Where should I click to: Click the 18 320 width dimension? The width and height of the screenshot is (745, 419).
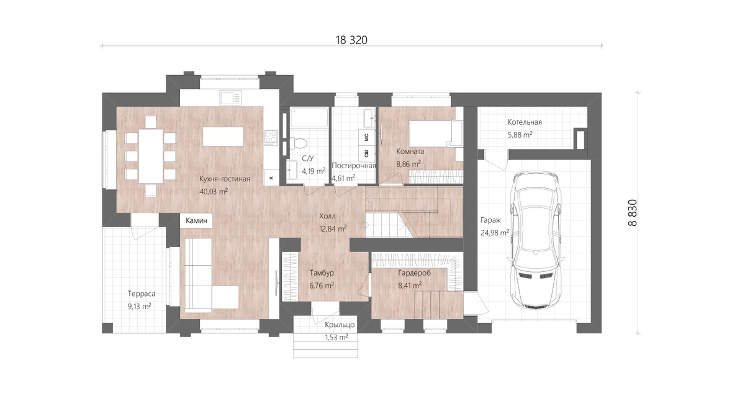[x=351, y=40]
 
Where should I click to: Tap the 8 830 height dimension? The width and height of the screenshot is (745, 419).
[x=633, y=213]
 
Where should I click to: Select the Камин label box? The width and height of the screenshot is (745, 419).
[x=196, y=220]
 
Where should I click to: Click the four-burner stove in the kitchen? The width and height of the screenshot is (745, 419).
[x=271, y=138]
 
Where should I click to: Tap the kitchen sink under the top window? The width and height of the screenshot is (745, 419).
[x=230, y=99]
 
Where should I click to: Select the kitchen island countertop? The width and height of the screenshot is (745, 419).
[x=223, y=137]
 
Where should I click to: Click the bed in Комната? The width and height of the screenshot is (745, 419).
[x=436, y=133]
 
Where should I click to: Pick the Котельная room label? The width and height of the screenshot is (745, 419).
[x=525, y=122]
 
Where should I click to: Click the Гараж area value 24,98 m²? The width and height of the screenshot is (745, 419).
[x=495, y=233]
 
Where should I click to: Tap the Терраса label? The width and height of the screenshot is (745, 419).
[x=142, y=294]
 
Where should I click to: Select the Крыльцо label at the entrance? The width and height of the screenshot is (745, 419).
[x=340, y=325]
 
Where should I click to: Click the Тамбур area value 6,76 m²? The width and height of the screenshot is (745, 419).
[x=322, y=286]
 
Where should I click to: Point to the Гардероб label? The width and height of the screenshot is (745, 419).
[x=415, y=273]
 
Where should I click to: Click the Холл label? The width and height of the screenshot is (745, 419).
[x=327, y=216]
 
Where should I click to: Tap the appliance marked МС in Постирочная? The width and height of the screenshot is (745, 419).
[x=366, y=137]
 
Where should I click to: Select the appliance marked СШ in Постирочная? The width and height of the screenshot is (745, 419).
[x=366, y=154]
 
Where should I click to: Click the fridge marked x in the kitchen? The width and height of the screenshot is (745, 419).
[x=271, y=178]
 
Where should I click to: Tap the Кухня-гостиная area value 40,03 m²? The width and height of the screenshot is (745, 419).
[x=214, y=192]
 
